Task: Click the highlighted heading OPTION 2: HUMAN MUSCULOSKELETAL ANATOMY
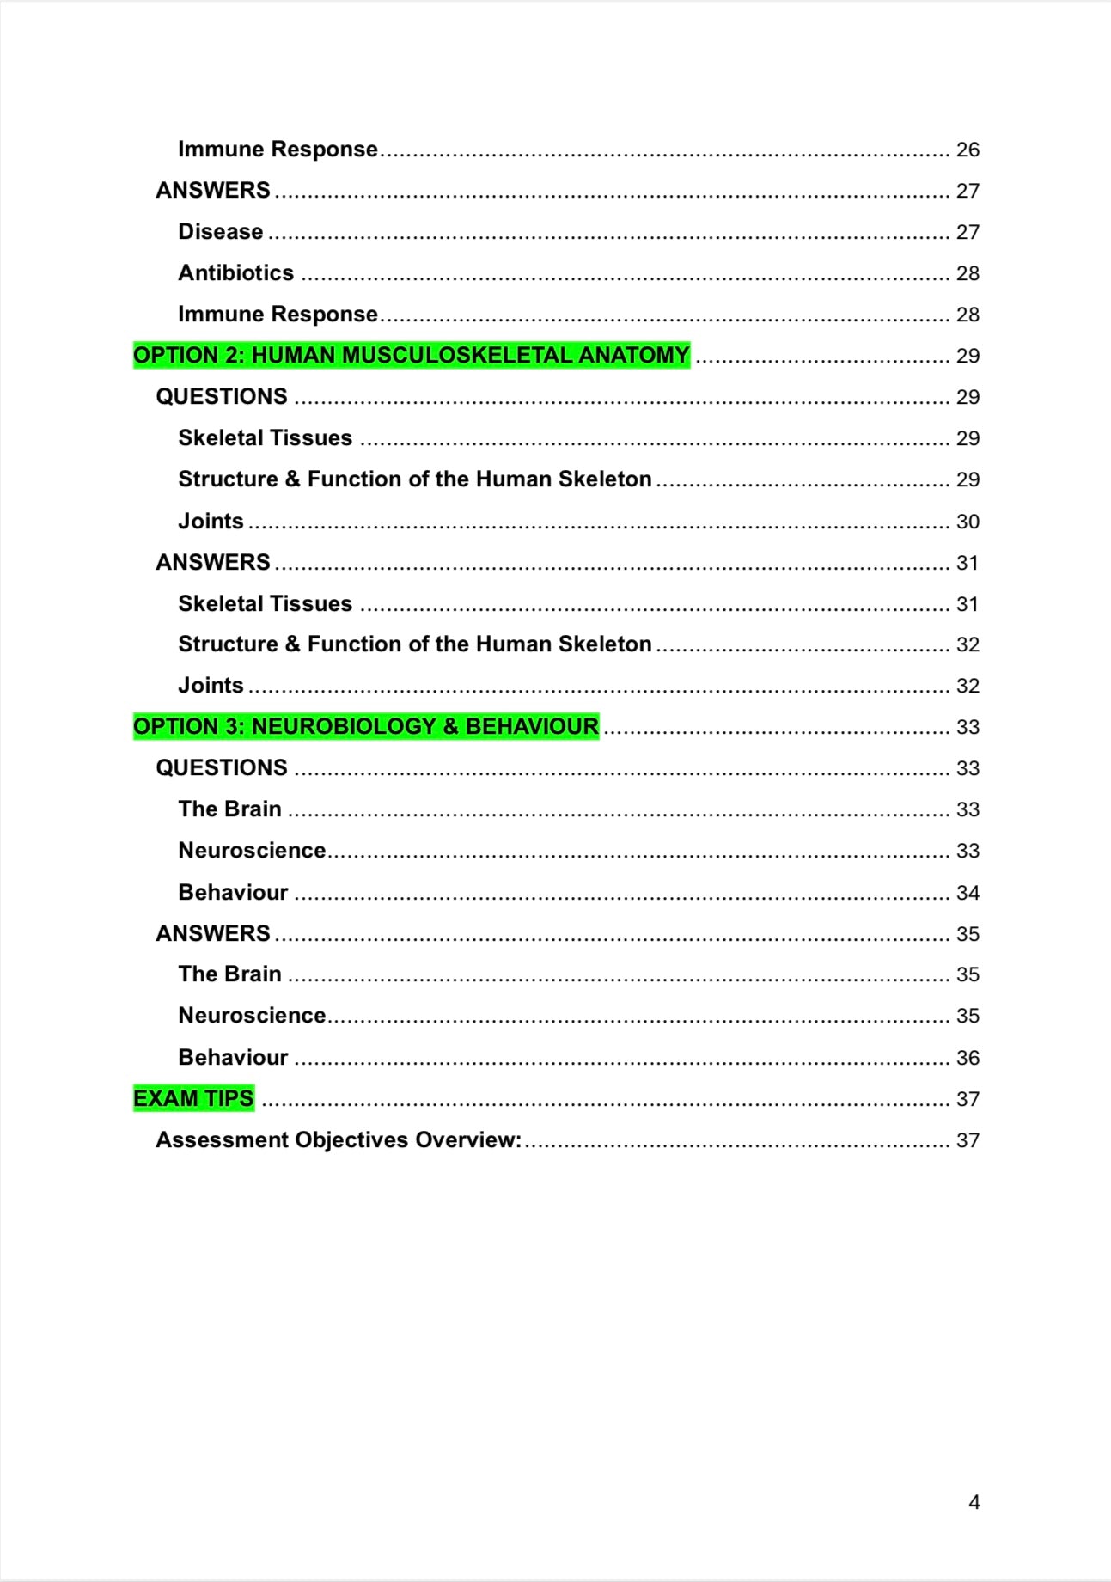point(411,356)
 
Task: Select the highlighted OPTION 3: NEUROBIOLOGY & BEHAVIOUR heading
point(366,727)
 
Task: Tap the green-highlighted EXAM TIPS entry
point(193,1098)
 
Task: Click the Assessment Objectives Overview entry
point(339,1140)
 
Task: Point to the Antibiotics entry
point(235,273)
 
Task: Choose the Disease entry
point(220,232)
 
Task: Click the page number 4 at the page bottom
point(974,1502)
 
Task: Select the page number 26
point(968,150)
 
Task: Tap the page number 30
point(968,522)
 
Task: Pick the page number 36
point(968,1058)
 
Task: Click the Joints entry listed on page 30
point(211,522)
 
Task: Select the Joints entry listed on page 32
point(211,686)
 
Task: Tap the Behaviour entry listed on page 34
point(233,893)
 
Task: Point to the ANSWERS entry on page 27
point(213,191)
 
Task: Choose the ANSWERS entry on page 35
point(213,934)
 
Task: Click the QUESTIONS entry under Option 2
point(222,397)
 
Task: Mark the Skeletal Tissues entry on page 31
point(265,604)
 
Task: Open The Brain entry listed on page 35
point(229,974)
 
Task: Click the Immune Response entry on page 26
point(278,150)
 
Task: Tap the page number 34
point(968,893)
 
